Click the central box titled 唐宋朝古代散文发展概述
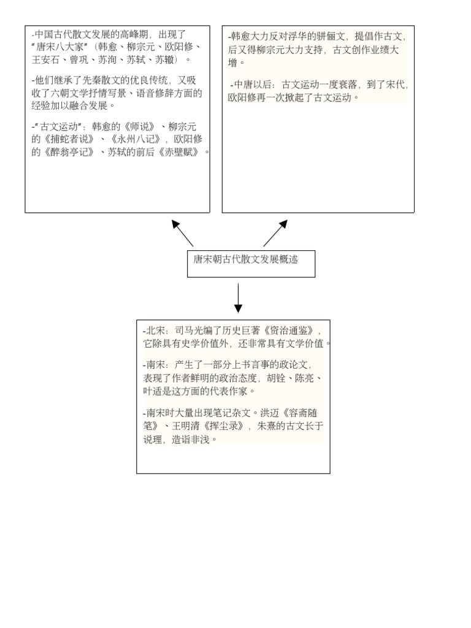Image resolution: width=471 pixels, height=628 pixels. point(251,264)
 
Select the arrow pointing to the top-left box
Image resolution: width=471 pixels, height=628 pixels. point(182,233)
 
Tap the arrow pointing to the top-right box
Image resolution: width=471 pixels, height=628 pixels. point(276,233)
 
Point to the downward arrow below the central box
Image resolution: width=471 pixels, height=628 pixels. point(238,298)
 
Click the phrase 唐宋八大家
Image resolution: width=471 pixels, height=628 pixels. point(62,47)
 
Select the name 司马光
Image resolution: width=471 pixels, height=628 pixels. point(188,331)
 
